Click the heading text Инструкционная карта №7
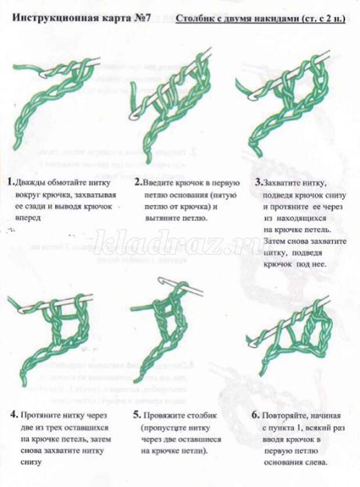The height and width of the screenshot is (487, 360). coord(81,18)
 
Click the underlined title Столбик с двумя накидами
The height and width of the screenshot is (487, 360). coord(260,19)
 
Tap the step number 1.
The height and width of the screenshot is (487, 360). coord(10,182)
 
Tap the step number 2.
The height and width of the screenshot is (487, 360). coord(138,182)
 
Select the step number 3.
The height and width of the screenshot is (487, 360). coord(258,182)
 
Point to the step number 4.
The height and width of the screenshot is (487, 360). coord(13,415)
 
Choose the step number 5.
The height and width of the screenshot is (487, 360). coord(136,415)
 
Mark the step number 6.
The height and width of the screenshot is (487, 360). coord(255,416)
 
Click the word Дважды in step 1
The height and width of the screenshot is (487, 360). coord(30,182)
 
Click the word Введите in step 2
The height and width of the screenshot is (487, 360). coord(158,182)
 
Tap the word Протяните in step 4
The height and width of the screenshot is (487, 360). coord(39,416)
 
